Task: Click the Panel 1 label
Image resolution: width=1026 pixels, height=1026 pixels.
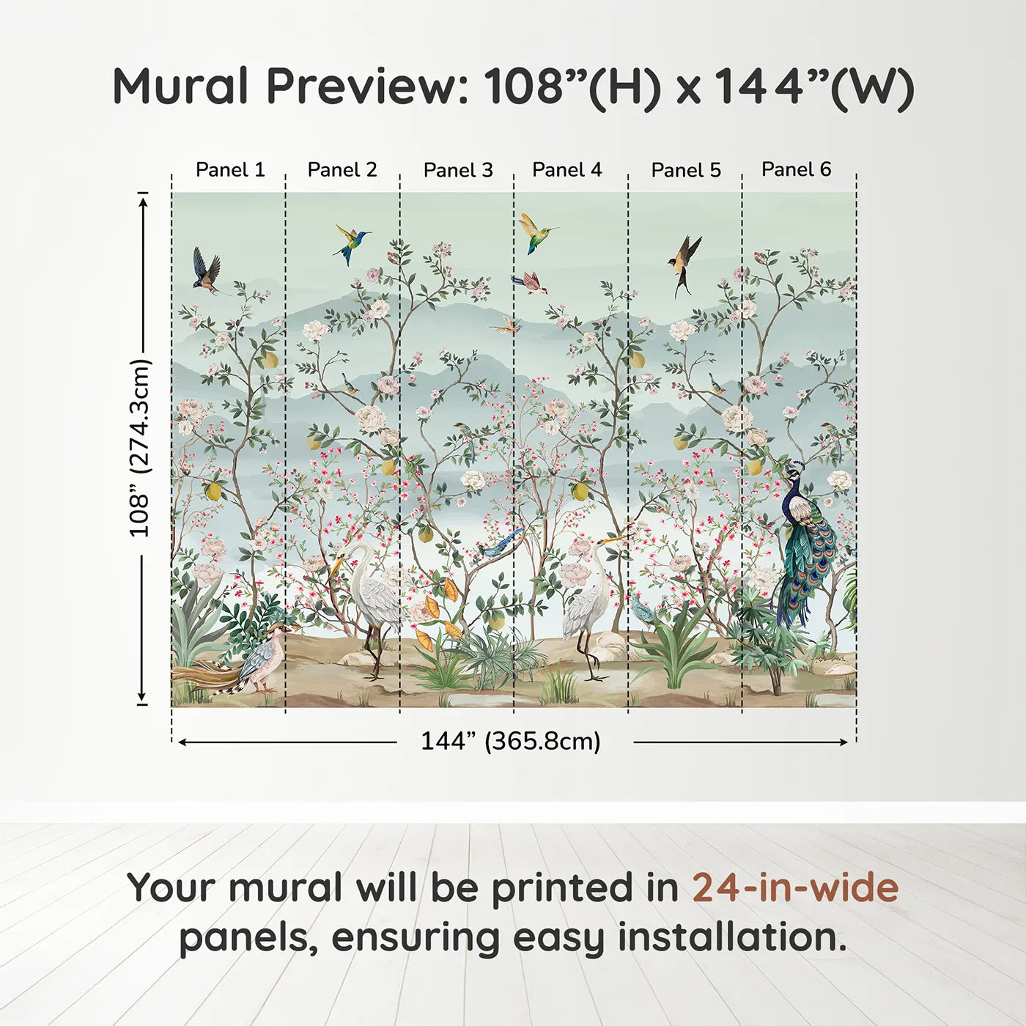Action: point(229,170)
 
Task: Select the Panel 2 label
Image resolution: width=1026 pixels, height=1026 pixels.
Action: point(342,170)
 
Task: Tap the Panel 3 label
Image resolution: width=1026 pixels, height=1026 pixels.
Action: point(458,171)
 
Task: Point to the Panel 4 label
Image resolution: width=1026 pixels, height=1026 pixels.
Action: point(566,170)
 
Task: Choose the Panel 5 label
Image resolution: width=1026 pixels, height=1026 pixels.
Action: point(686,171)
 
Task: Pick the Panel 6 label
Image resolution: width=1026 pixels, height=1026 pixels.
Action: point(796,169)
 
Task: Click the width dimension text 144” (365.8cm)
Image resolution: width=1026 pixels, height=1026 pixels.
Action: point(510,742)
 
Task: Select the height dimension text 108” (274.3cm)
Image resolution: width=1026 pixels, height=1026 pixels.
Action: point(139,448)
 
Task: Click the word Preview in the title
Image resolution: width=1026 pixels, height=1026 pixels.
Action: point(362,86)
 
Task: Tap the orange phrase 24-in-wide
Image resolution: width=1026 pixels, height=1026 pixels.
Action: point(795,887)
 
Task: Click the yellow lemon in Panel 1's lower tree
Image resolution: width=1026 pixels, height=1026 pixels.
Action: point(213,490)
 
